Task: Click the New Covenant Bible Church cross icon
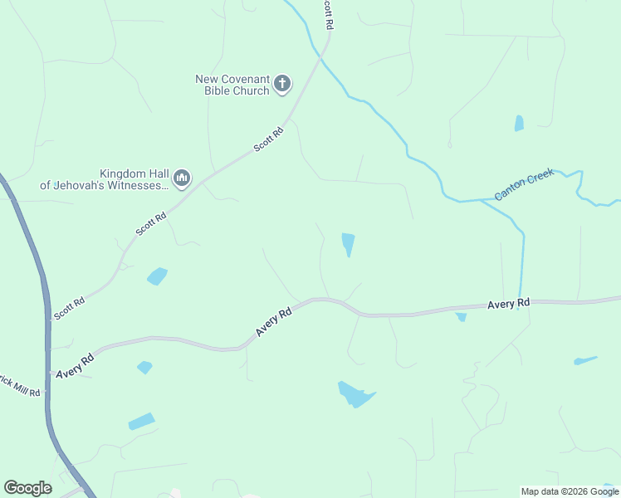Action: tap(282, 83)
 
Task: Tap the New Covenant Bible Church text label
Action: tap(232, 85)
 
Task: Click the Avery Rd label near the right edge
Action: tap(508, 304)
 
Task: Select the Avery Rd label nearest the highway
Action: tap(76, 362)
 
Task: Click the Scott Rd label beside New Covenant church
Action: tap(268, 138)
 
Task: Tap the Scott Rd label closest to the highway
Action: tap(69, 308)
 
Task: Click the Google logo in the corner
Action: tap(27, 488)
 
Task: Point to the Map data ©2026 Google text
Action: tap(570, 491)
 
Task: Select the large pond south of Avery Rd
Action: tap(356, 394)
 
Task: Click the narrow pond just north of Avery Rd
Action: tap(348, 244)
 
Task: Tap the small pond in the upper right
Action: tap(519, 124)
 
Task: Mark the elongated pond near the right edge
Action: tap(584, 360)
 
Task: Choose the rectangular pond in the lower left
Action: tap(141, 422)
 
